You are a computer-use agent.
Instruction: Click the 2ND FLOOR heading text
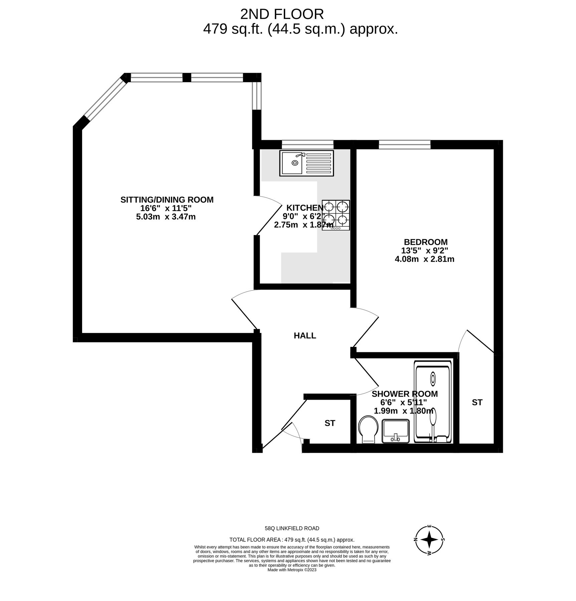282,14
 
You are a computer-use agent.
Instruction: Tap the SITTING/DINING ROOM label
167,200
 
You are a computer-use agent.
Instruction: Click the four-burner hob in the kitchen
336,215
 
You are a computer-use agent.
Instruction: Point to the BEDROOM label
425,242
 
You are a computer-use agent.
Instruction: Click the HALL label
305,336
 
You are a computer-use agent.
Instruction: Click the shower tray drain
433,379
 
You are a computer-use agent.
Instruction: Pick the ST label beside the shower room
477,402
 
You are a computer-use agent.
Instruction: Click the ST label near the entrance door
330,423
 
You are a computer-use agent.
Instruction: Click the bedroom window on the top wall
405,144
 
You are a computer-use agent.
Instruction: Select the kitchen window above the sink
308,144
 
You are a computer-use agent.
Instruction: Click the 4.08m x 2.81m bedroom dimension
424,259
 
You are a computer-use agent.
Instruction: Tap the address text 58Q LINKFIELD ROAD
292,528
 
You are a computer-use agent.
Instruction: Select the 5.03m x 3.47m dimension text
166,217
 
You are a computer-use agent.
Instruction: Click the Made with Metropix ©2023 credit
292,570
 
